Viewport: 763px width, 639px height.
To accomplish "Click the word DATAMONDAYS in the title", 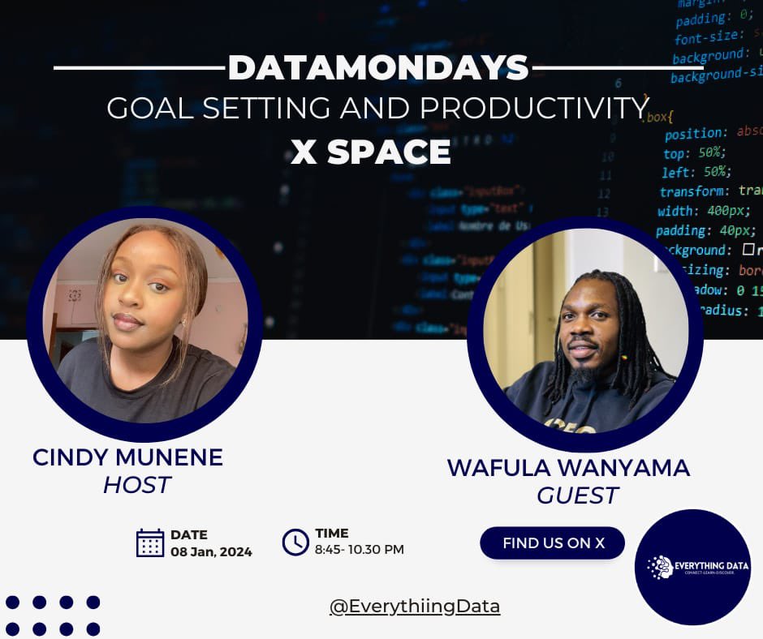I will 378,68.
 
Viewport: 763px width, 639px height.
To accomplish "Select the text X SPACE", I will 371,152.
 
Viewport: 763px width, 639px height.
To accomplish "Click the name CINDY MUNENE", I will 127,457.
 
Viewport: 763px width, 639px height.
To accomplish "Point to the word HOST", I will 136,485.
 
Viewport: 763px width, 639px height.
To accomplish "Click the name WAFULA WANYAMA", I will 568,468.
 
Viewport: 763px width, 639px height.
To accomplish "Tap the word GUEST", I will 577,495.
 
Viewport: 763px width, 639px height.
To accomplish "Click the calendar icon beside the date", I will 150,543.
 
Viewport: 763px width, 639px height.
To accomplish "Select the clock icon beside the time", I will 295,542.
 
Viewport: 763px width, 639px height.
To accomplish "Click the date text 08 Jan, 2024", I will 211,552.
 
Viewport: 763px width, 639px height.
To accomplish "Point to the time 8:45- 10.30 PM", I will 359,550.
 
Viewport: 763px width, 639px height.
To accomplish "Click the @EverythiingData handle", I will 415,607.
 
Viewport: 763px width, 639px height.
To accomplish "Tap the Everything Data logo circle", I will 692,567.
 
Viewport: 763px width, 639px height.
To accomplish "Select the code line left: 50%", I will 695,172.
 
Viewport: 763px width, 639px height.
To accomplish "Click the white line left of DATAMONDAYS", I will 139,68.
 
